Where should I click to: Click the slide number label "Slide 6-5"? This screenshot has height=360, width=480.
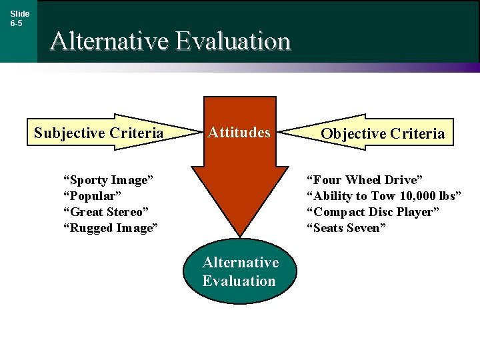pos(19,18)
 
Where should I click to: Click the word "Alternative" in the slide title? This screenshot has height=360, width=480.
pos(109,41)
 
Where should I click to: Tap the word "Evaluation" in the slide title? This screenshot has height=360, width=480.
pos(233,41)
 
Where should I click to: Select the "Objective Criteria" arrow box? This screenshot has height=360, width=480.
pos(382,133)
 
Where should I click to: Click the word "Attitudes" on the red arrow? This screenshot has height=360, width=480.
pos(239,133)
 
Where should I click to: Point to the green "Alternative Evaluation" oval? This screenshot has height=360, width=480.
pos(240,271)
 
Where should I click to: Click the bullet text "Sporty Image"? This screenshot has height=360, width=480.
pos(108,180)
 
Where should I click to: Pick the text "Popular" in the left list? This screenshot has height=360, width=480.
pos(92,196)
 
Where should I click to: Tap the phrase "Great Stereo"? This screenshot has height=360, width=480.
pos(105,212)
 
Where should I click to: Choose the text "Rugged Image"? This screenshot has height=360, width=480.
pos(110,228)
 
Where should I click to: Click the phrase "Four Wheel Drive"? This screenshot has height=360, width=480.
pos(364,180)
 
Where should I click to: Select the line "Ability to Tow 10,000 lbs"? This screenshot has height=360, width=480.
pos(383,196)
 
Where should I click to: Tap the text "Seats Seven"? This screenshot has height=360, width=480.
pos(346,228)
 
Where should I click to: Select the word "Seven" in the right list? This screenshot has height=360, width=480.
pos(364,228)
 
